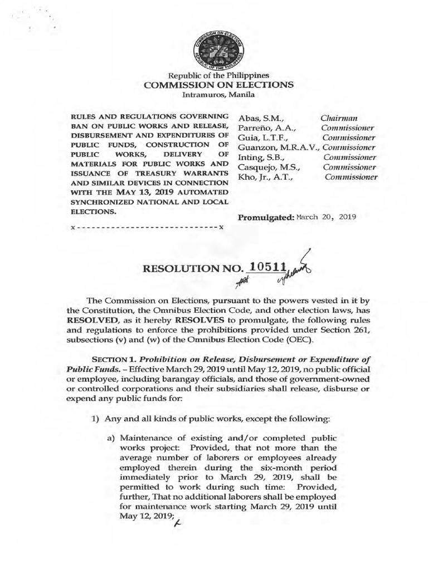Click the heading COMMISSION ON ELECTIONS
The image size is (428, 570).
pyautogui.click(x=218, y=85)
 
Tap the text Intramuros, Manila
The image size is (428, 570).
pyautogui.click(x=218, y=95)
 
